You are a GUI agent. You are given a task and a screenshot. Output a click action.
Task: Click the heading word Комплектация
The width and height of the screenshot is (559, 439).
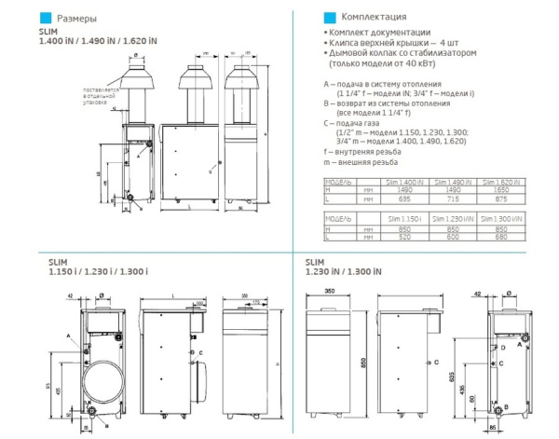373,17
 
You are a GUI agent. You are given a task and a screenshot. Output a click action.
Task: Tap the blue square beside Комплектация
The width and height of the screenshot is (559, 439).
327,17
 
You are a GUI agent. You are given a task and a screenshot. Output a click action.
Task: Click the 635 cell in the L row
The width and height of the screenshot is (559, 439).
404,198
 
